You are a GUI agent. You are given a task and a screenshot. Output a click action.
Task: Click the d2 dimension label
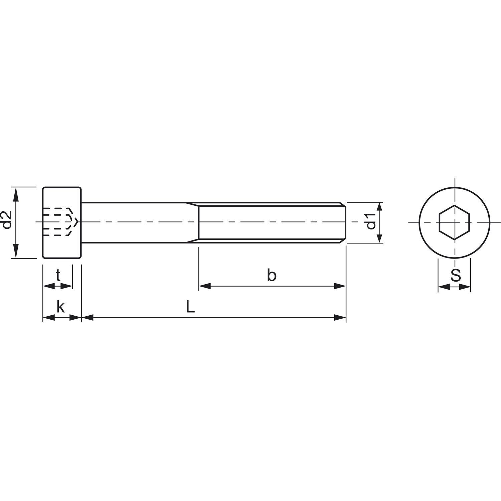[x=7, y=220]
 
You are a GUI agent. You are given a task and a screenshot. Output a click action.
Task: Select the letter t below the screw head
[x=58, y=276]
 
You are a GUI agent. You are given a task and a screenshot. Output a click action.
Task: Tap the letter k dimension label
[x=60, y=307]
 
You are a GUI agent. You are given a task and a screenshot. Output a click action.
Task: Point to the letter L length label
[x=190, y=307]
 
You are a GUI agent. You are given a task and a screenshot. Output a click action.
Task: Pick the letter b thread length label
[x=272, y=276]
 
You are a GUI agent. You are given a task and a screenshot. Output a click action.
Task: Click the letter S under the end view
[x=455, y=276]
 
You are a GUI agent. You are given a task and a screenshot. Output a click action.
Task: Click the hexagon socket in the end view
[x=454, y=222]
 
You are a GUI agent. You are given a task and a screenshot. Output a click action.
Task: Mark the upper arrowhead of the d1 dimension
[x=379, y=208]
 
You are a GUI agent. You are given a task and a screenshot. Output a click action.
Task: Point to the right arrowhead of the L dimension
[x=340, y=317]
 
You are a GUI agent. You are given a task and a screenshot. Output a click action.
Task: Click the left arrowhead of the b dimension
[x=205, y=286]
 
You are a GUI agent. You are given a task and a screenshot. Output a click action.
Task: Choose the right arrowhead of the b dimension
[x=340, y=286]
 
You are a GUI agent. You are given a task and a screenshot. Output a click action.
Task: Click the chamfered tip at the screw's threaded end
[x=343, y=222]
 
